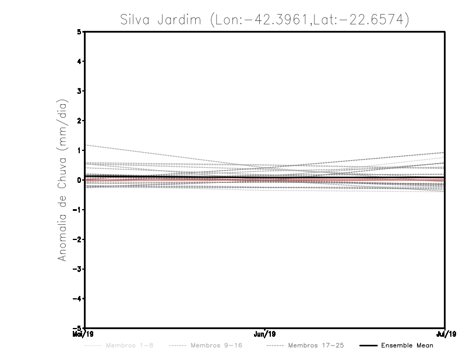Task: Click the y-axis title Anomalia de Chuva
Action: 62,180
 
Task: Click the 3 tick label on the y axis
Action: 79,91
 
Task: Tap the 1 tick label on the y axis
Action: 79,150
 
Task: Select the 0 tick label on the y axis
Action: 79,180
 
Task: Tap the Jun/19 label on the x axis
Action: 265,334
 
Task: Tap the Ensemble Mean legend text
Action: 407,345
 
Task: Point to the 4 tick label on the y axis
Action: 79,61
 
